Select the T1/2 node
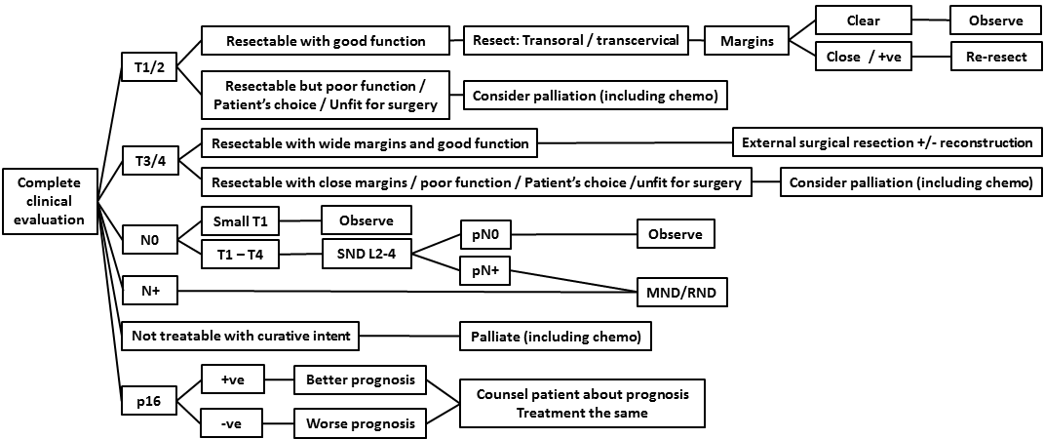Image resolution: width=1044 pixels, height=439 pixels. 149,68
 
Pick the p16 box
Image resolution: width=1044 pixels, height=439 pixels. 148,401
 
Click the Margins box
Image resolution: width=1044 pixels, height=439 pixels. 747,41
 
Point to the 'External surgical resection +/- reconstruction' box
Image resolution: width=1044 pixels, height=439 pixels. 886,143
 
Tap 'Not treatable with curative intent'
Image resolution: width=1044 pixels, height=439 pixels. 240,337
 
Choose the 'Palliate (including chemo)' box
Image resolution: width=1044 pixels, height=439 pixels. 555,337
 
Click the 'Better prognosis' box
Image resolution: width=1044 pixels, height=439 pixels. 360,379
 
